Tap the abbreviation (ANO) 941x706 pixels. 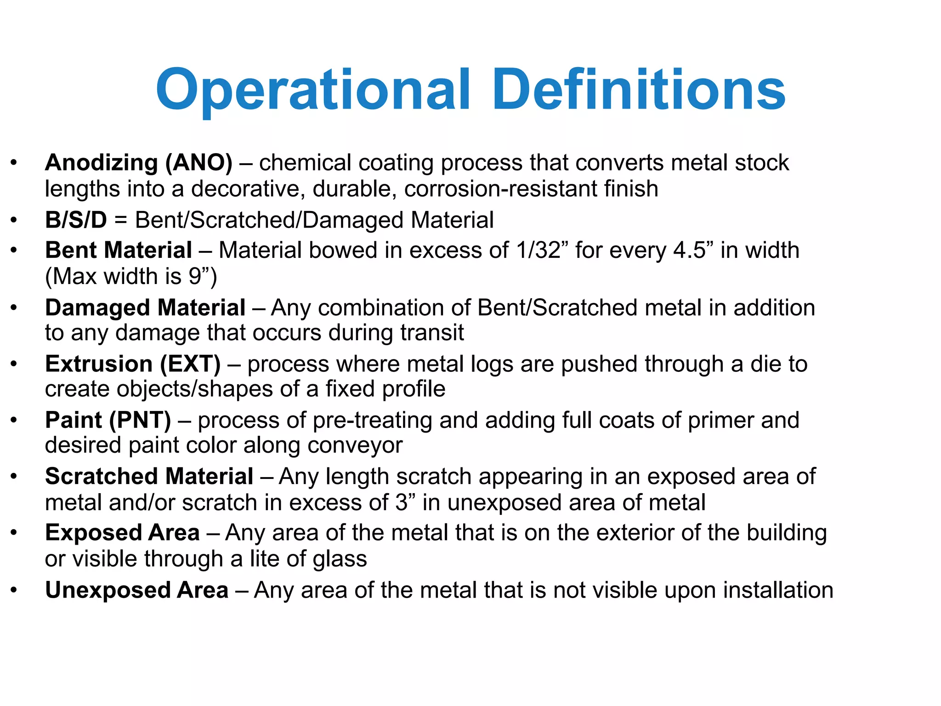[x=199, y=163]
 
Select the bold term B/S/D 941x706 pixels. [x=76, y=220]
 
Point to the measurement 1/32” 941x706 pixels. [x=542, y=251]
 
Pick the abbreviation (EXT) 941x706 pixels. [x=190, y=364]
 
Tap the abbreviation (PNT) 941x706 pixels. [x=140, y=420]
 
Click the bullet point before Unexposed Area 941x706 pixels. [x=14, y=590]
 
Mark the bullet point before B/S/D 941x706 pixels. [x=14, y=220]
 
